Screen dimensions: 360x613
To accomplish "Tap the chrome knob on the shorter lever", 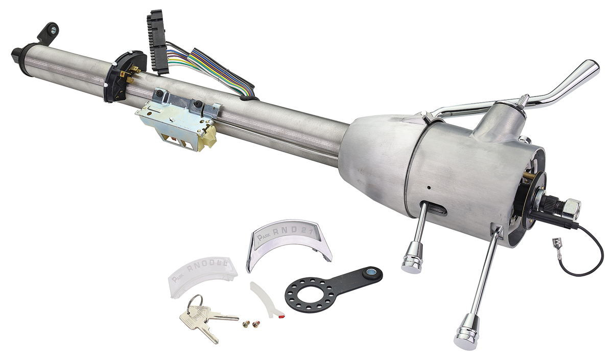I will point(412,261).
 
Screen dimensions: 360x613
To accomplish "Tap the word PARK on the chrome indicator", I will point(265,236).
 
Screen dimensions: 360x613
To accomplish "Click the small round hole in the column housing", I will point(431,188).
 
